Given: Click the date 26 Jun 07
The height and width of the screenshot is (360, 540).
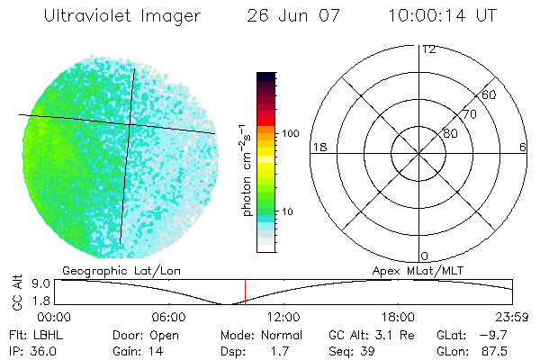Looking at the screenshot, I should [x=290, y=16].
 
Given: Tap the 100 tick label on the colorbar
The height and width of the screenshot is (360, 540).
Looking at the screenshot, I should [x=291, y=133].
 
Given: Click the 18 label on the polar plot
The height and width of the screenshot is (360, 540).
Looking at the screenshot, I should [x=318, y=147].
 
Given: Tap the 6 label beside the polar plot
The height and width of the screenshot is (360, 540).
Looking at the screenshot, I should [x=523, y=147].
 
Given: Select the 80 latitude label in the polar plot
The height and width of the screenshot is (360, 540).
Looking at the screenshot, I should [x=450, y=133].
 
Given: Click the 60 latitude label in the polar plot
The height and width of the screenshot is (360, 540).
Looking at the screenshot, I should [x=490, y=94].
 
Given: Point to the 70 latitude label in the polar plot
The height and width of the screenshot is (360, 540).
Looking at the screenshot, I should [x=469, y=114].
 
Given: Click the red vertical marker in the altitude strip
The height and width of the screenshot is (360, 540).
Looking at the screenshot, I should [x=245, y=292].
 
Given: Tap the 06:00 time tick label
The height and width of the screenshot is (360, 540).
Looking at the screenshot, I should [x=168, y=317].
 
